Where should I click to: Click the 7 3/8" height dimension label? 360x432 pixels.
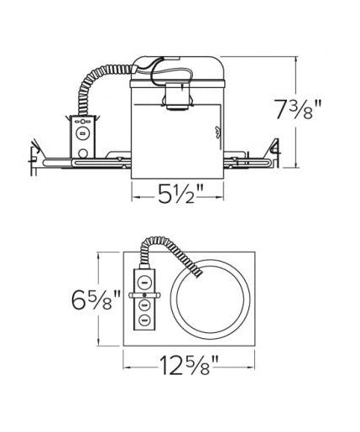coord(299,109)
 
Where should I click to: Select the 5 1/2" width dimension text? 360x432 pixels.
coord(178,194)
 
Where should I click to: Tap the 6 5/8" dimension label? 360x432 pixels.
coord(96,299)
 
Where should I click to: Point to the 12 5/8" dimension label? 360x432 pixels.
coord(189,365)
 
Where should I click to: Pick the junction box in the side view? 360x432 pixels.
coord(82,137)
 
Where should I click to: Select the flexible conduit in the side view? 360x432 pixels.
coord(102,84)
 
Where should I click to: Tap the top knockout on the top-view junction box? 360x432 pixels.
coord(144,282)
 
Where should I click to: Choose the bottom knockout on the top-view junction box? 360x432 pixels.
coord(144,320)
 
